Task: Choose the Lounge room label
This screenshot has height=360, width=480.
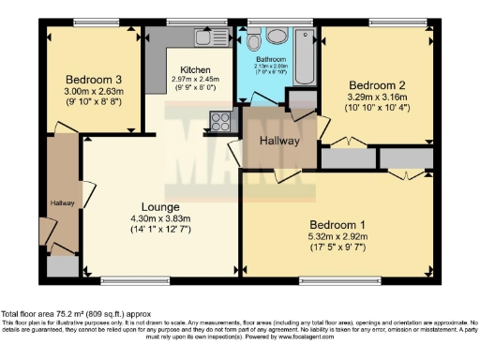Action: pyautogui.click(x=161, y=206)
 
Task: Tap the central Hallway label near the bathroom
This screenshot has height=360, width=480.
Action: pyautogui.click(x=279, y=141)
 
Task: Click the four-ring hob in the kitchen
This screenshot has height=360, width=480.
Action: pyautogui.click(x=221, y=120)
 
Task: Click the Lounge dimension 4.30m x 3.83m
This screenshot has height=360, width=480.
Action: pyautogui.click(x=161, y=219)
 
